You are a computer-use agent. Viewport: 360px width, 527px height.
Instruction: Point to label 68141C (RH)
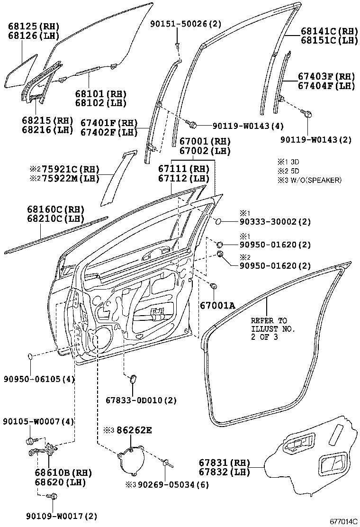click(329, 31)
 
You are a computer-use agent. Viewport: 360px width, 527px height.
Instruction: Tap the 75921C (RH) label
click(60, 169)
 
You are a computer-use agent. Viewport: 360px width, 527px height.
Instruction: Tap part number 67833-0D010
click(141, 400)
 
